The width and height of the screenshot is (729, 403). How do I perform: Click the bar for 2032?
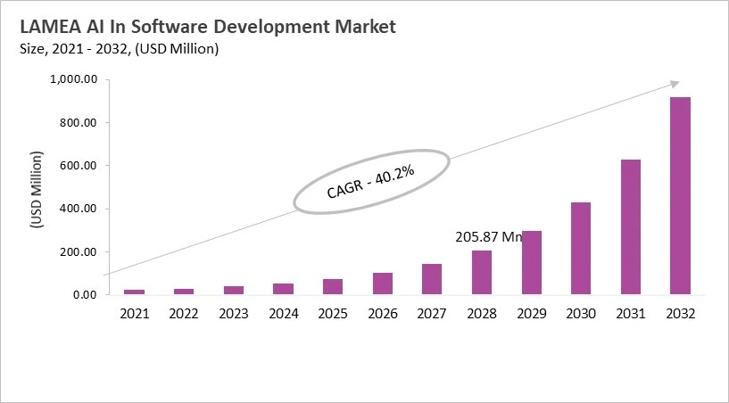(x=680, y=195)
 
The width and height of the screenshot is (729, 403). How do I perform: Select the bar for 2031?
(x=631, y=226)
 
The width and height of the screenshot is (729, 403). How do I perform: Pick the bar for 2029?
(x=532, y=262)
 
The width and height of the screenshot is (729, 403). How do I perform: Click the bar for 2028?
(x=482, y=272)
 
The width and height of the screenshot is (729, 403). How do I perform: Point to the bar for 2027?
(x=432, y=278)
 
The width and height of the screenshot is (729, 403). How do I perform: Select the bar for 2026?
(x=383, y=283)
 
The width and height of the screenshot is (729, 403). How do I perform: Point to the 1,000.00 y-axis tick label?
(x=71, y=79)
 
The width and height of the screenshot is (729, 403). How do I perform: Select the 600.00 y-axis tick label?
(x=78, y=166)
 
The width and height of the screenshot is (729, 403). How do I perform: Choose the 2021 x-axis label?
(x=135, y=314)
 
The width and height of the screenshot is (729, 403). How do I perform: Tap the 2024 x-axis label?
(x=284, y=314)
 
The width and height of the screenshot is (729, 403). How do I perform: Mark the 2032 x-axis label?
(x=680, y=314)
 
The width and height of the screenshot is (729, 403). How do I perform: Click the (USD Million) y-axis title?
(x=37, y=189)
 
